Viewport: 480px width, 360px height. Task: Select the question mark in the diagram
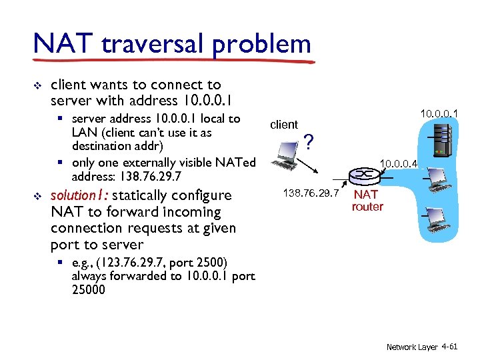pyautogui.click(x=308, y=141)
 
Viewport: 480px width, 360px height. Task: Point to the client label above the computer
pyautogui.click(x=283, y=125)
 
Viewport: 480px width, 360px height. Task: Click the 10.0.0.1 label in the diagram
pyautogui.click(x=439, y=115)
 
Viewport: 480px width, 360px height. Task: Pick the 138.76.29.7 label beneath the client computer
pyautogui.click(x=311, y=193)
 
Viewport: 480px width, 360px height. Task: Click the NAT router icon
pyautogui.click(x=363, y=175)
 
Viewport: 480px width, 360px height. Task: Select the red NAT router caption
pyautogui.click(x=367, y=201)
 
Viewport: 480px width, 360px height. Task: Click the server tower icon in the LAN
pyautogui.click(x=439, y=141)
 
